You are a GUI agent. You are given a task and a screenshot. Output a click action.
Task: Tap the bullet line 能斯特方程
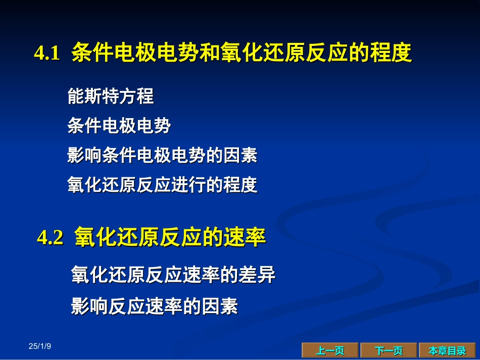click(110, 96)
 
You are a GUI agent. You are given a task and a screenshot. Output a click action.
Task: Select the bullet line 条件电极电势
click(119, 126)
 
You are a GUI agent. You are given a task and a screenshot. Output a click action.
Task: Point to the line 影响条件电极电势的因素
click(162, 156)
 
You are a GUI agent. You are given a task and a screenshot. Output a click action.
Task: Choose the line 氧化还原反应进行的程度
click(162, 185)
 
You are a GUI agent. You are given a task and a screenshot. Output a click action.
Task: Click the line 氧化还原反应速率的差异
click(173, 275)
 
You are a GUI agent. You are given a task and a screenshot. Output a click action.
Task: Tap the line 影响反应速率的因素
click(154, 306)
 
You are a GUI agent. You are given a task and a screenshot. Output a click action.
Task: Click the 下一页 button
click(389, 350)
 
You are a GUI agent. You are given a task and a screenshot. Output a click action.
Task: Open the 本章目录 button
click(447, 350)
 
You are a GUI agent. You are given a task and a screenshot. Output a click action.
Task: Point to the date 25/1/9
click(40, 346)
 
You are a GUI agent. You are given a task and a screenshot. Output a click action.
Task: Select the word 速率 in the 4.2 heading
click(245, 238)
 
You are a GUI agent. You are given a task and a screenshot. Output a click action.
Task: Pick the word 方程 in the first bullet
click(136, 96)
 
